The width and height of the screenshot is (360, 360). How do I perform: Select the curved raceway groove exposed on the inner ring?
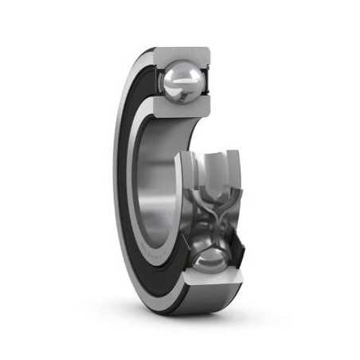pos(211,171)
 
